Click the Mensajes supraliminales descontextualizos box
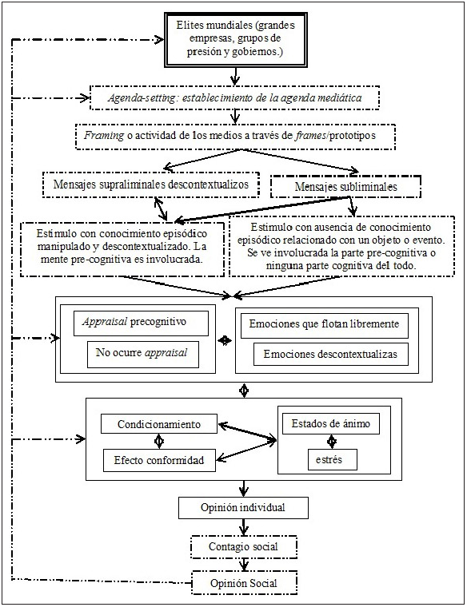(x=150, y=184)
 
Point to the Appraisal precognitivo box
(x=139, y=323)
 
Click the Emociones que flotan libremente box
(x=329, y=323)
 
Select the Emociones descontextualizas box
(x=329, y=354)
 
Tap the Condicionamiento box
(x=159, y=423)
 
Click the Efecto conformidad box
(x=159, y=459)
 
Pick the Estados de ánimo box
(x=331, y=423)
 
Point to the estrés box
(x=331, y=459)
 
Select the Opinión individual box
(x=242, y=507)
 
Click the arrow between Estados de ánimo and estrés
(x=331, y=441)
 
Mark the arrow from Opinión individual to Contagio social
(x=242, y=526)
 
